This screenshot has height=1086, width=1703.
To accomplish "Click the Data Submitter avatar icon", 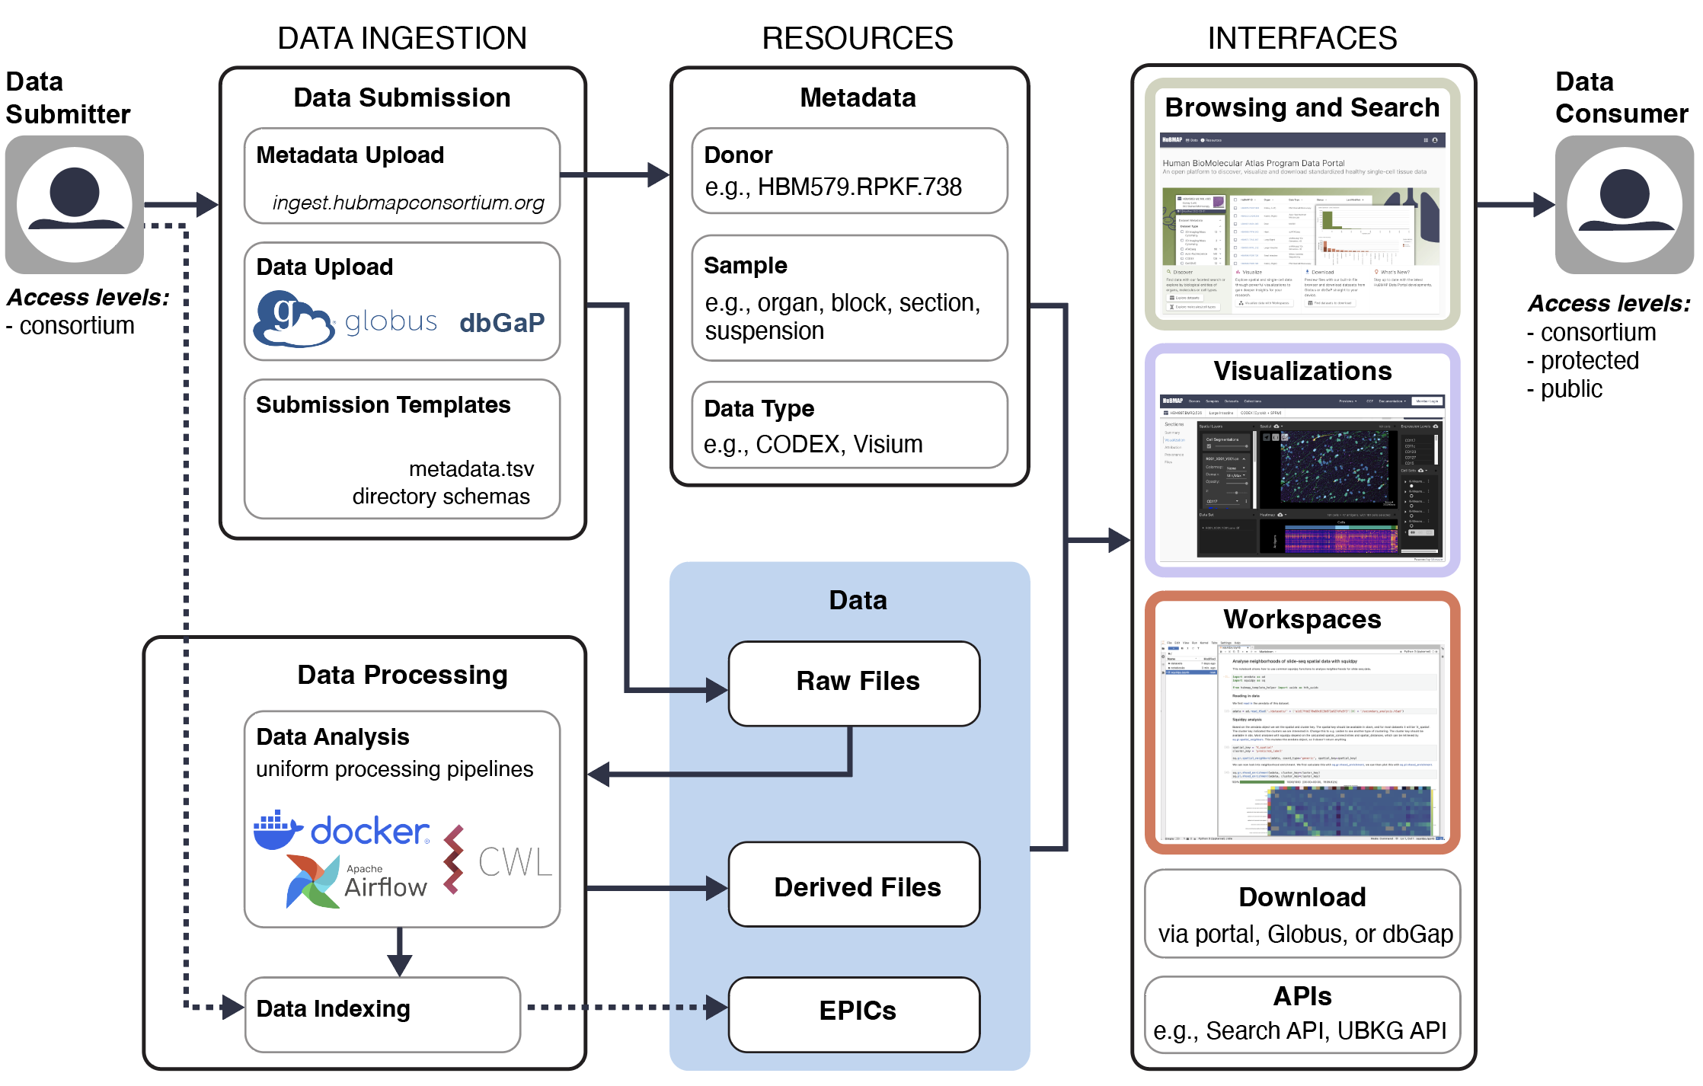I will pos(75,205).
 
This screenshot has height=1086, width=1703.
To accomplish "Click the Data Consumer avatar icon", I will pos(1624,205).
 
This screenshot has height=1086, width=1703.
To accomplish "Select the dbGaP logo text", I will pos(502,323).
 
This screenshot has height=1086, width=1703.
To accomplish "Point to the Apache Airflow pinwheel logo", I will pos(312,882).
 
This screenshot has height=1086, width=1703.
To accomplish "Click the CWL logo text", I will pos(514,862).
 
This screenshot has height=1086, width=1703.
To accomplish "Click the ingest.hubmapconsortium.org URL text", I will pos(408,203).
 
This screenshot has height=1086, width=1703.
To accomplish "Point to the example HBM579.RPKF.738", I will pos(859,187).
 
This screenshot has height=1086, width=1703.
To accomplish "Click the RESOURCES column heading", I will pos(857,38).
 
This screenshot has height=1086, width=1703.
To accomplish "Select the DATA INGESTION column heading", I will pos(401,38).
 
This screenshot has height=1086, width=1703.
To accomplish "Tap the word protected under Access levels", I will pos(1589,360).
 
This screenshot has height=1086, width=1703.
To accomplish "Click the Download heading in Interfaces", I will pos(1302,897).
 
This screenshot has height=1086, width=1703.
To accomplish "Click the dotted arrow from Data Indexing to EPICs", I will pos(625,1007).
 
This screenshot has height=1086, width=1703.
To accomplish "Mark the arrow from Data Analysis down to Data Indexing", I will pos(399,952).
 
